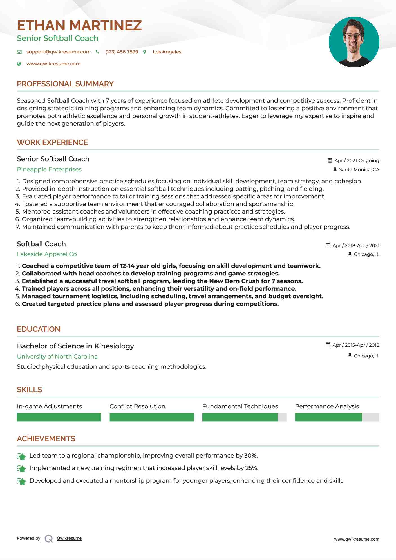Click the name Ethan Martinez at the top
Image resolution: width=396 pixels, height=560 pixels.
79,26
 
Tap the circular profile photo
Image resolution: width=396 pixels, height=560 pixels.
354,42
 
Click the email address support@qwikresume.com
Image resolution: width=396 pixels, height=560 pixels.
58,52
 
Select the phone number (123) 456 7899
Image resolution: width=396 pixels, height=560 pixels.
122,52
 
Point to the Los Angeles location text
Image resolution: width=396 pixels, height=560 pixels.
167,52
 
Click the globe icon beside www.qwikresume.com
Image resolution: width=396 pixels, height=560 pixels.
19,64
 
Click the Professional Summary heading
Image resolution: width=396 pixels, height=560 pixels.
65,84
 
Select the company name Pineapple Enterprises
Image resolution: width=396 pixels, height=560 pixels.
49,169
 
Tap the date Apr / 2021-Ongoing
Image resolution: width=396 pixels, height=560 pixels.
357,160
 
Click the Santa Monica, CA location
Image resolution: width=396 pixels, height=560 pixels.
359,169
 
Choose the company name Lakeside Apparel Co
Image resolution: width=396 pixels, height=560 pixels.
47,254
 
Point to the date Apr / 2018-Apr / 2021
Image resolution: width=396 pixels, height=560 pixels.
356,245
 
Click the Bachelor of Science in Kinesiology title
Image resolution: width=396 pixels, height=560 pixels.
75,346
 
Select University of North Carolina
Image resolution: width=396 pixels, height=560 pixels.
57,357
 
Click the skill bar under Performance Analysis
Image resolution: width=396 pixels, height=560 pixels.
337,417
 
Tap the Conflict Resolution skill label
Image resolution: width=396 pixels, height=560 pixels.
137,406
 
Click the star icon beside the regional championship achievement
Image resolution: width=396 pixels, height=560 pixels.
21,456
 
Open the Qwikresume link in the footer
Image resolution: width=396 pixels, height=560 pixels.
69,538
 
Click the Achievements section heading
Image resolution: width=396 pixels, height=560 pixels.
46,439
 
